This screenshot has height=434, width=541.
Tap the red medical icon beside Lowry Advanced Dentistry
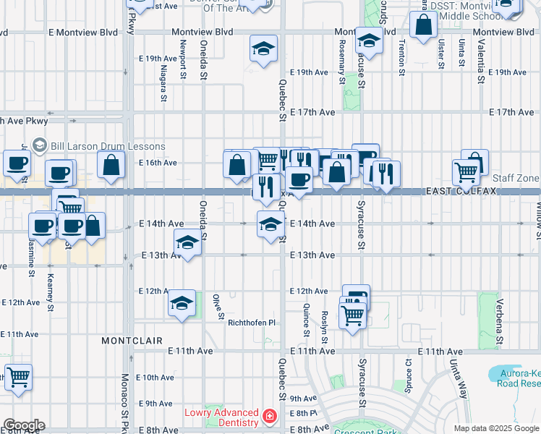point(270,417)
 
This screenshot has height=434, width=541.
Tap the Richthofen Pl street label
point(252,323)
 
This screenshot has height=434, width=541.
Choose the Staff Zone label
point(516,178)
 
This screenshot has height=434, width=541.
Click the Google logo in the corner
point(23,425)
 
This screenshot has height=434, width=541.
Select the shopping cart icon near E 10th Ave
point(18,377)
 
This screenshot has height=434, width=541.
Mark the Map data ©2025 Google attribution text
point(495,428)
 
